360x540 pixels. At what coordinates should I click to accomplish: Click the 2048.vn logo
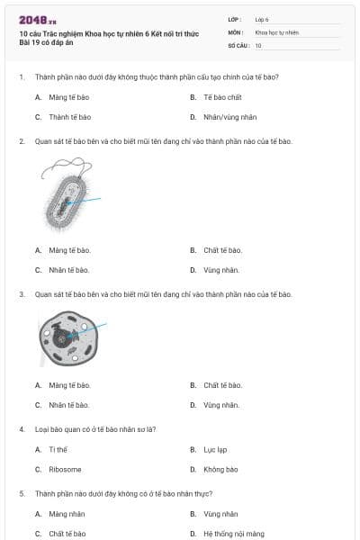(37, 20)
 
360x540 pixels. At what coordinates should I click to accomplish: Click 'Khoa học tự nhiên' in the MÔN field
(277, 31)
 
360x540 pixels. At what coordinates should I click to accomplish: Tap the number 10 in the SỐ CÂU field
(258, 45)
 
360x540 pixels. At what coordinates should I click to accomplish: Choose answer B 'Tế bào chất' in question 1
(220, 97)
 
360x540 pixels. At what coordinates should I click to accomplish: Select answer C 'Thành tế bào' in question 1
(70, 117)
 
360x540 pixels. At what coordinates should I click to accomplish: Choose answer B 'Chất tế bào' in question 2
(222, 250)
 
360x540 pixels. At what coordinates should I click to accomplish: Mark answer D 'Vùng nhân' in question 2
(220, 270)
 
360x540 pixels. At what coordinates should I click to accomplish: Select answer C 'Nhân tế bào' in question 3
(69, 405)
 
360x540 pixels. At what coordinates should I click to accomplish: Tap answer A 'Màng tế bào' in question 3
(70, 385)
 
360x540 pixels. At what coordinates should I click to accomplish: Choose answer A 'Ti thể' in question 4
(58, 449)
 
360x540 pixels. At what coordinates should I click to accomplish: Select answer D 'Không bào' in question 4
(220, 469)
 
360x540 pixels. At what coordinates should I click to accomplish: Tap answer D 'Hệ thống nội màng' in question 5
(233, 534)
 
